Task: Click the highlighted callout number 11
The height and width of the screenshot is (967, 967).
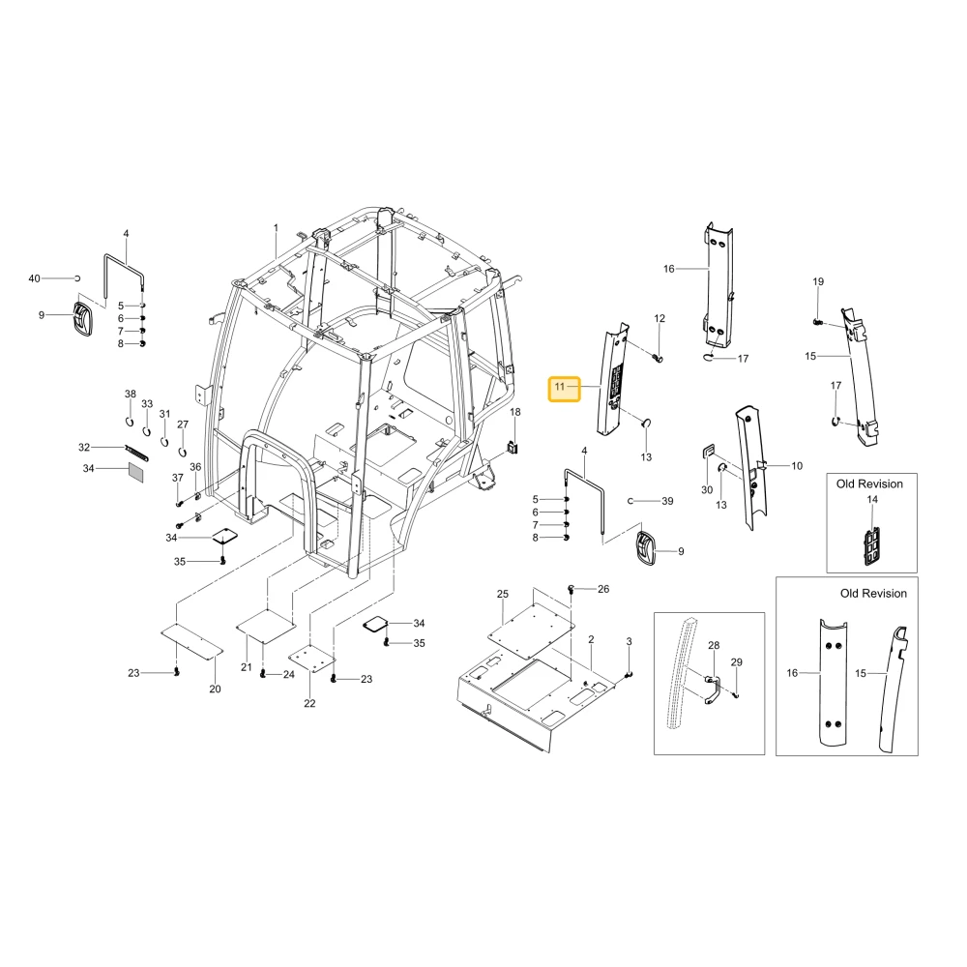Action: pyautogui.click(x=559, y=387)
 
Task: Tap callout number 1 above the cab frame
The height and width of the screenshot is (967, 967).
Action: pyautogui.click(x=276, y=227)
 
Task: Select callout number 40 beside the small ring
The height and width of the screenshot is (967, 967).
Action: pyautogui.click(x=35, y=278)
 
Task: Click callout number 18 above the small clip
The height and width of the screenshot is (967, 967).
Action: pyautogui.click(x=515, y=412)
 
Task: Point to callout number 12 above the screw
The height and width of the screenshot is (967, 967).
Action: pyautogui.click(x=659, y=318)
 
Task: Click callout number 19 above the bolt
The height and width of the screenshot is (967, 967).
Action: pyautogui.click(x=818, y=281)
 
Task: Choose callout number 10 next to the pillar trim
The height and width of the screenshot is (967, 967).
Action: pyautogui.click(x=797, y=466)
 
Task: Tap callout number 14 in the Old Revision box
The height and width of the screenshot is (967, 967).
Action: pyautogui.click(x=872, y=499)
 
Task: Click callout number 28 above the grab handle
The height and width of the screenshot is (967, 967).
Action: pyautogui.click(x=714, y=645)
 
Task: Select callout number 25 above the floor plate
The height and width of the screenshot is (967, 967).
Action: pyautogui.click(x=503, y=594)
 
